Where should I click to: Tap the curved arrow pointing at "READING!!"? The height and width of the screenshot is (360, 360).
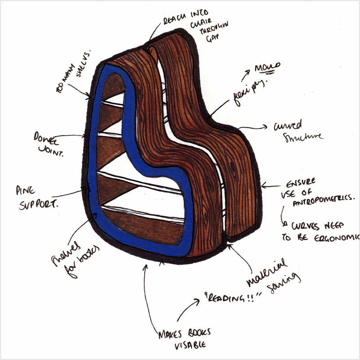point(188,310)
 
